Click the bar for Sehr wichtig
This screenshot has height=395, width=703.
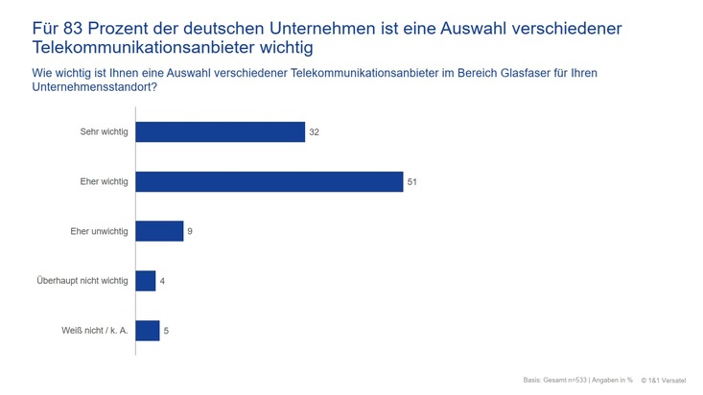[220, 131]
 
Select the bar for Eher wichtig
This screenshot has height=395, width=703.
[269, 181]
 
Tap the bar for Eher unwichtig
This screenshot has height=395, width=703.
[159, 231]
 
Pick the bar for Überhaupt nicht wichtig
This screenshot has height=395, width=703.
[146, 281]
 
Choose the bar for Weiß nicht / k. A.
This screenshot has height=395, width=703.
[148, 331]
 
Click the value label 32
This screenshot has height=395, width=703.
[315, 131]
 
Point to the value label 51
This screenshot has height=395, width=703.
[412, 181]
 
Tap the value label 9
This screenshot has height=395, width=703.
[190, 231]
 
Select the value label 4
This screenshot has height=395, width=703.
[162, 281]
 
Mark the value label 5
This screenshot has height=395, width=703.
[167, 331]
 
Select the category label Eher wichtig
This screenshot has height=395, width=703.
[104, 181]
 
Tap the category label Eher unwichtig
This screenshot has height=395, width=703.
[99, 231]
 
